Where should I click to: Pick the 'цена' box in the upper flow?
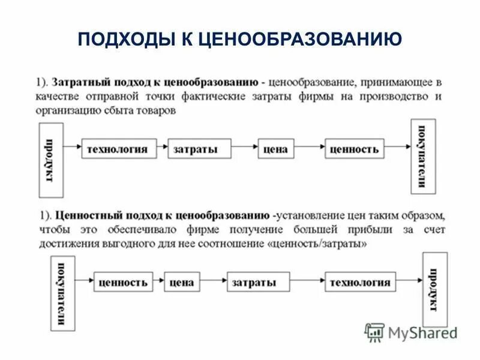[275, 149]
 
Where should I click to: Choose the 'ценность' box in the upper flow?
[354, 149]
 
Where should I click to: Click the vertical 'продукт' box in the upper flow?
[50, 160]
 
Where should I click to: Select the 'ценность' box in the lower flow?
[122, 282]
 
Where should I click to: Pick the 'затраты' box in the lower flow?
[257, 282]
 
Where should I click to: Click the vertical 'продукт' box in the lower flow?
[434, 289]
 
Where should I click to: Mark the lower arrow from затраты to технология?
[307, 281]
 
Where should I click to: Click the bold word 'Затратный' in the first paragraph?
[82, 82]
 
